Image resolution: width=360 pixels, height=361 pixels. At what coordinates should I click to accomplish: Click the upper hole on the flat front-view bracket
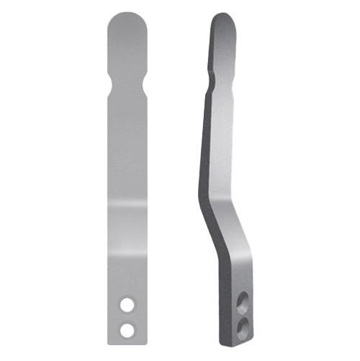127,306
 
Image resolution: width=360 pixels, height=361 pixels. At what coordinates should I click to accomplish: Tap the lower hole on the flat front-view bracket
127,329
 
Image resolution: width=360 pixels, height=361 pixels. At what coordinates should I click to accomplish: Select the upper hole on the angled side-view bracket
243,299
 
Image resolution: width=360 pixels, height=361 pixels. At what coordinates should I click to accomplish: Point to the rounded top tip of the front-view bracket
127,16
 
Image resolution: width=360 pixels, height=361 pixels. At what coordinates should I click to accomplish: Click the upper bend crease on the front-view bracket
127,204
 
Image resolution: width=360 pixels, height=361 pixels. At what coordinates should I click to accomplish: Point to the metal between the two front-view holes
127,317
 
